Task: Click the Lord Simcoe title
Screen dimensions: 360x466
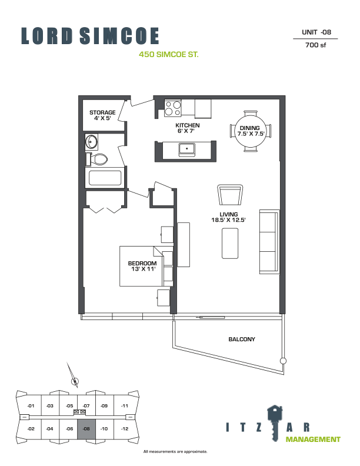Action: coord(90,36)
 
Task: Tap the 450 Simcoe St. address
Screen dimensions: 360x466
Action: coord(169,55)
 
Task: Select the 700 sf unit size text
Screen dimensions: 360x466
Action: coord(316,45)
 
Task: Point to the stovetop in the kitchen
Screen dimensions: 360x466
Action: coord(173,108)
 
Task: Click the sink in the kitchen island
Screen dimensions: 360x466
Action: coord(187,149)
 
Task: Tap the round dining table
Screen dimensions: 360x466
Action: coord(251,131)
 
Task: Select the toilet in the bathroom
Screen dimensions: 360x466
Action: coord(96,159)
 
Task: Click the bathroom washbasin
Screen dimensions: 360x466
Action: coord(91,142)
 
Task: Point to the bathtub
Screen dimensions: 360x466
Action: coord(105,178)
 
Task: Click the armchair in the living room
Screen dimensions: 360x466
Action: coord(230,195)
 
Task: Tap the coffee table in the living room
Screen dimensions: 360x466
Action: coord(230,244)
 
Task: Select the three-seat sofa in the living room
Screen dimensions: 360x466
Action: coord(269,242)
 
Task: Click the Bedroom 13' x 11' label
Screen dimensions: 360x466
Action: coord(142,266)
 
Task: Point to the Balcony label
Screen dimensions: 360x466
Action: coord(242,339)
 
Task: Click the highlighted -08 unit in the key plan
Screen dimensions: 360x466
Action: coord(86,429)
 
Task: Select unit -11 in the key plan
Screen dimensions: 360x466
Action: coord(125,405)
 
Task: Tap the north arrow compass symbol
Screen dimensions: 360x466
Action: coord(73,375)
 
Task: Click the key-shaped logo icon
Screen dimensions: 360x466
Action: coord(275,423)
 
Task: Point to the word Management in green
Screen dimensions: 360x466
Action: coord(313,440)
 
